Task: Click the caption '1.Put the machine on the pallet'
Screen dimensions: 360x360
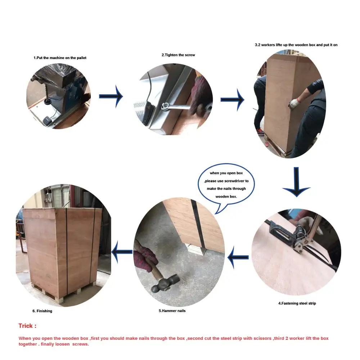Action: pos(60,58)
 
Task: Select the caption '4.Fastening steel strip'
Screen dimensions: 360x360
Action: pos(297,303)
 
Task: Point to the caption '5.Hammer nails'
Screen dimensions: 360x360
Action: pos(172,311)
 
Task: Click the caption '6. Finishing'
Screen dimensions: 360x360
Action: pos(42,311)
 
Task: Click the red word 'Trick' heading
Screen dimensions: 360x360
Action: pos(27,326)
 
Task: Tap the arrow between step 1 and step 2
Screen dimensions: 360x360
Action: pos(111,96)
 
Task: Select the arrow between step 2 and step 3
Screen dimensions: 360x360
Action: pos(232,99)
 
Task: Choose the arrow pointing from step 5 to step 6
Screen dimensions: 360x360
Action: pos(122,252)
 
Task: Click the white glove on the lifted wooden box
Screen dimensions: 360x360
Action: pos(294,104)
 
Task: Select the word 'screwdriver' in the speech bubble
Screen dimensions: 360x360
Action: pos(235,181)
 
